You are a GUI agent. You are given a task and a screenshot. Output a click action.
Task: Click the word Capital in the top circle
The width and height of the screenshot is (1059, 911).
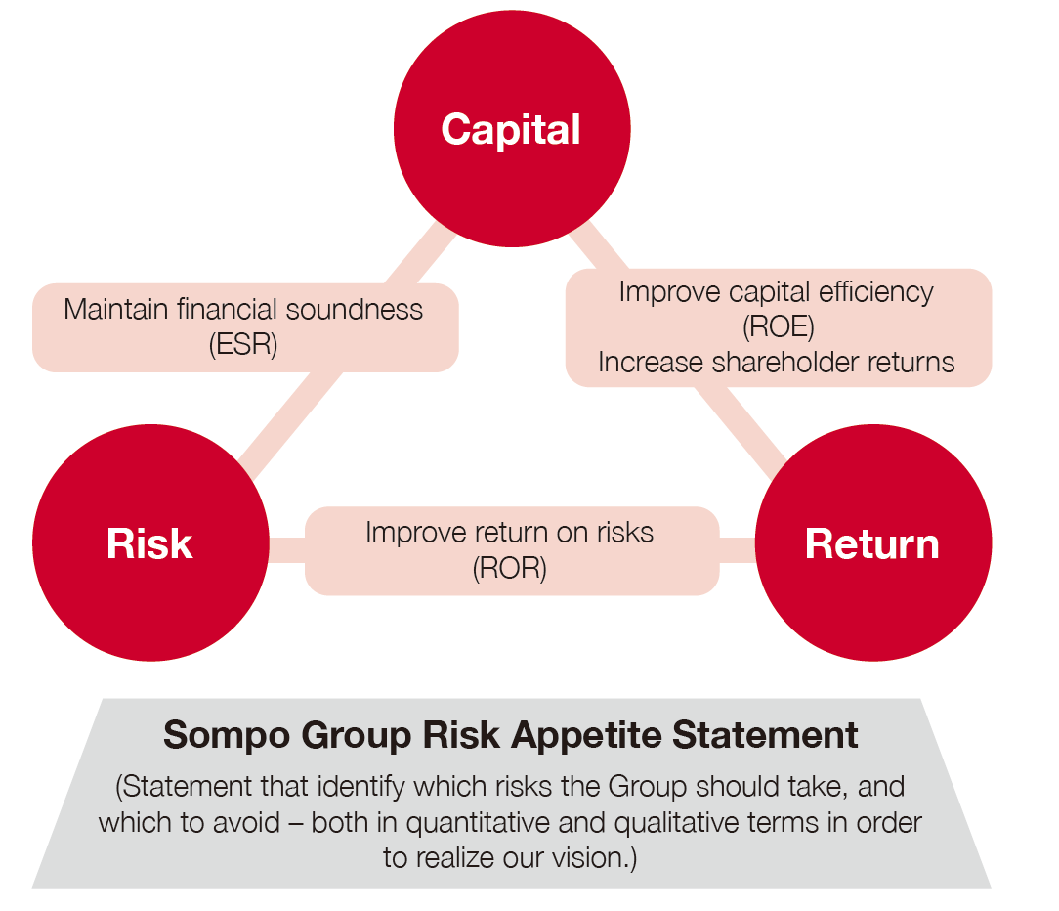point(511,130)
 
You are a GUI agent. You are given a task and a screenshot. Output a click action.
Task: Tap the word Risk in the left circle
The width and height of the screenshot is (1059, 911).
point(149,543)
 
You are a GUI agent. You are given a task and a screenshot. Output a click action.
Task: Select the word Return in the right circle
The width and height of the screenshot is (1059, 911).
point(872,543)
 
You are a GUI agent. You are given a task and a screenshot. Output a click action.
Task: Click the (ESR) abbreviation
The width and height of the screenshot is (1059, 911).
point(243,344)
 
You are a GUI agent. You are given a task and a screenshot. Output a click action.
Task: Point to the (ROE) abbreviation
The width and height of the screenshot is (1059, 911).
point(778,327)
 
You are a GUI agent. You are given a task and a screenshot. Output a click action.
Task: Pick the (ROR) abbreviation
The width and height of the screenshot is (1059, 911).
point(509,568)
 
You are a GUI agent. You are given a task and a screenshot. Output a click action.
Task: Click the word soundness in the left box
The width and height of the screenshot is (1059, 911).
point(355,310)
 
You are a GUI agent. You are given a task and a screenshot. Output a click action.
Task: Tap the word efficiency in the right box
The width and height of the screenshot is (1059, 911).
point(876,292)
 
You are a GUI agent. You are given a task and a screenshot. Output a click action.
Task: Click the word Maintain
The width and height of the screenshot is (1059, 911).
point(116,310)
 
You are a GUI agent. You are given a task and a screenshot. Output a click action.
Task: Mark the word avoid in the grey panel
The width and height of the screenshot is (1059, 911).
point(246,823)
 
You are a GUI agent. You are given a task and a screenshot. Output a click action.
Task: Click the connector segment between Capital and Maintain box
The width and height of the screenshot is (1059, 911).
point(420,255)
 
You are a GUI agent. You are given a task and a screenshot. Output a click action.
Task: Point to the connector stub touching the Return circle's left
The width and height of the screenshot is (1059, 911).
point(738,550)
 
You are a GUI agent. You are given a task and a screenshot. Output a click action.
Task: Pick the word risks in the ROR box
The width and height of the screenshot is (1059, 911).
point(624,533)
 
